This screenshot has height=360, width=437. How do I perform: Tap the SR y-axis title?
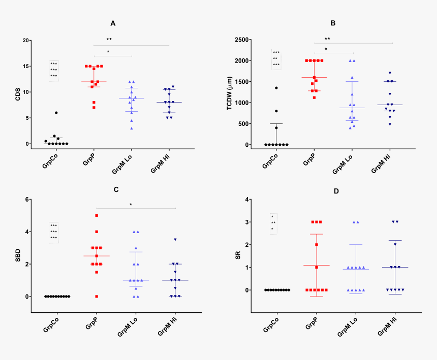(238, 255)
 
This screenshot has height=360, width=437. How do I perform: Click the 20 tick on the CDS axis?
(26, 40)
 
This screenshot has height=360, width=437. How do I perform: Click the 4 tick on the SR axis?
(246, 200)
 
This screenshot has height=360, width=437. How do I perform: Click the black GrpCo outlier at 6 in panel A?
(56, 113)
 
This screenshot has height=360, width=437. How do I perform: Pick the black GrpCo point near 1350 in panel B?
(276, 88)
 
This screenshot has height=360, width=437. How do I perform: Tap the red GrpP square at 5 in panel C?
(97, 216)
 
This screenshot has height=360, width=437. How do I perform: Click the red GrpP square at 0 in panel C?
(97, 296)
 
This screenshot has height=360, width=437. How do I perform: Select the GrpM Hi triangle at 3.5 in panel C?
(175, 240)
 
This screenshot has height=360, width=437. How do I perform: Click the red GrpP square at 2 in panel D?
(316, 245)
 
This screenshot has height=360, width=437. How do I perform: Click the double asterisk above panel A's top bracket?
(109, 40)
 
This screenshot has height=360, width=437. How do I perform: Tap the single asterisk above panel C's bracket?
(131, 205)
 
